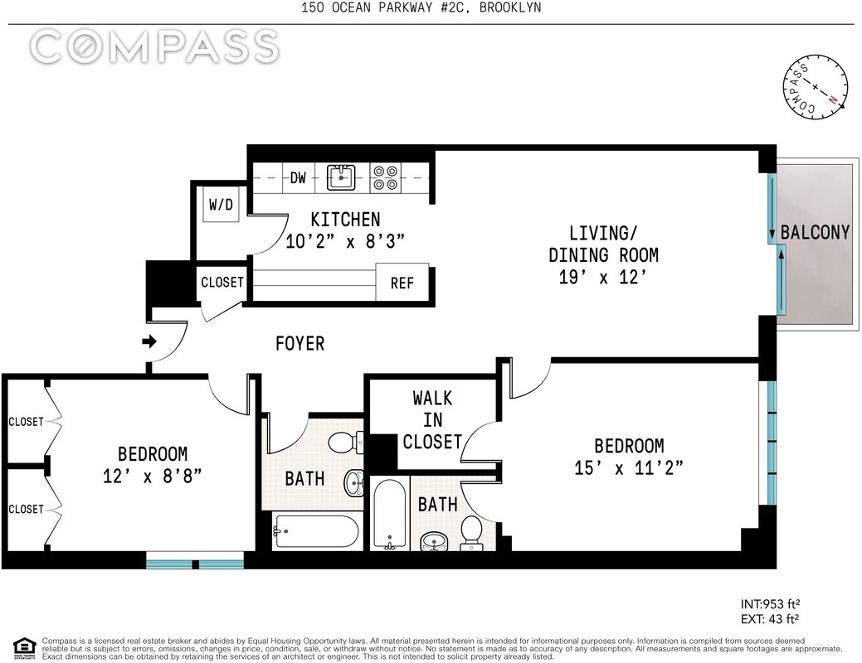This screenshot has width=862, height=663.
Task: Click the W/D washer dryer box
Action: [x=221, y=205]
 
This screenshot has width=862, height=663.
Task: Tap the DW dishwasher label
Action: [x=298, y=178]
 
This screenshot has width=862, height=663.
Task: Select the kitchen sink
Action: [x=341, y=177]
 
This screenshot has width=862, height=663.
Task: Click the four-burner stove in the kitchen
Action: [x=385, y=177]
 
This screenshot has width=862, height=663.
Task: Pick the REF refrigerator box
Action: [x=402, y=283]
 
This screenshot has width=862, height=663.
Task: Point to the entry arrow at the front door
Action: [x=149, y=341]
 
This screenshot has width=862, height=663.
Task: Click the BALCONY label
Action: [x=816, y=232]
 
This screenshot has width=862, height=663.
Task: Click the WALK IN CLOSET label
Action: [x=432, y=419]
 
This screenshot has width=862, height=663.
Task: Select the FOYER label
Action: [x=300, y=344]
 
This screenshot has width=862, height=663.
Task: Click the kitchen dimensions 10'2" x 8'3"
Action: [x=345, y=241]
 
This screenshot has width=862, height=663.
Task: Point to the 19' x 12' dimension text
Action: [x=603, y=278]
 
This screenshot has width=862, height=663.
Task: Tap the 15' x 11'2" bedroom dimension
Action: [x=629, y=468]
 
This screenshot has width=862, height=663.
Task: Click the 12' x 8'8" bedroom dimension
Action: [x=153, y=476]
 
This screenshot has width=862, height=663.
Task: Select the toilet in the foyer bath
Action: [x=346, y=441]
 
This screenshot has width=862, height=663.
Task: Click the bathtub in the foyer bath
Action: [x=316, y=531]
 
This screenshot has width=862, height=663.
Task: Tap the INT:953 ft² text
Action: [x=770, y=604]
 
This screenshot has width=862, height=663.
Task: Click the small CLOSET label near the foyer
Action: [x=222, y=283]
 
